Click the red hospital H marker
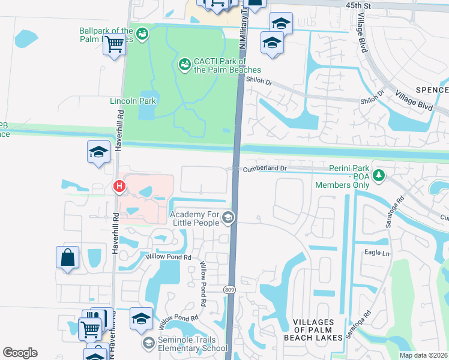[119, 187]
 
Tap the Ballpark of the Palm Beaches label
[106, 35]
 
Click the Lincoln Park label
[133, 101]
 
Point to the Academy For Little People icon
[228, 218]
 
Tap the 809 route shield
[232, 290]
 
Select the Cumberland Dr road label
[265, 169]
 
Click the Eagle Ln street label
[376, 253]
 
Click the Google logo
[20, 353]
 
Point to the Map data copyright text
[423, 355]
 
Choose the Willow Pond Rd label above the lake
[169, 257]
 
